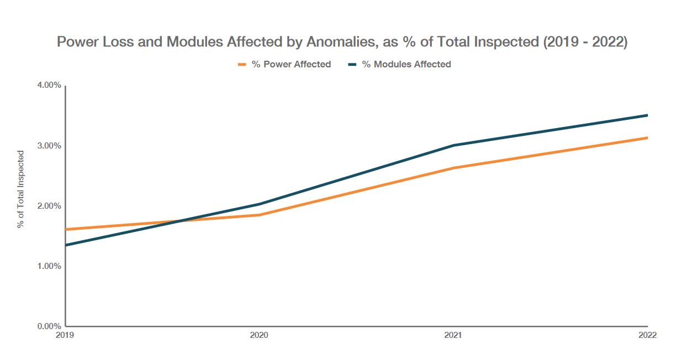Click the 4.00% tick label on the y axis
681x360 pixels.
pos(49,86)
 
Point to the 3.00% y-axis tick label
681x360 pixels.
pos(49,146)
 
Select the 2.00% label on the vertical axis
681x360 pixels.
pos(49,206)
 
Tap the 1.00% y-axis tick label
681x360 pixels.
pos(49,266)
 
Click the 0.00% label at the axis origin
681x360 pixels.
pos(49,326)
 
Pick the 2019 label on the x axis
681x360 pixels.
pos(65,335)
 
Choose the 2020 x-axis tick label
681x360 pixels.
pos(259,335)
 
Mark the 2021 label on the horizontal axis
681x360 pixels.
pos(453,335)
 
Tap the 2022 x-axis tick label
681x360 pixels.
pos(647,335)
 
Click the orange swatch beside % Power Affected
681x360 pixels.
pos(241,65)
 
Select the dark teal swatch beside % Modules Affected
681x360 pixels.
pos(352,65)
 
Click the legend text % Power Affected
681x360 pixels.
pos(291,65)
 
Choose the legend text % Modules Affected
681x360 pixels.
pos(407,65)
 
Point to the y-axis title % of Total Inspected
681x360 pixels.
pos(20,189)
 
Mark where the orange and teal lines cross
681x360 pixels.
pos(181,221)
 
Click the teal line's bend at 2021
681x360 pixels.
pos(453,145)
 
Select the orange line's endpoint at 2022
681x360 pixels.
pos(647,137)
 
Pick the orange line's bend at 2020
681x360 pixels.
pos(259,215)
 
